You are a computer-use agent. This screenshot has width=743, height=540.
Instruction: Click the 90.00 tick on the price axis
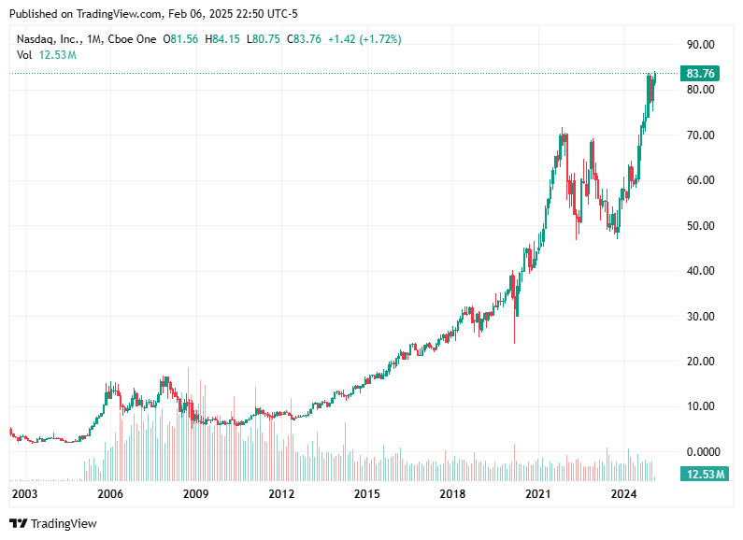click(x=700, y=44)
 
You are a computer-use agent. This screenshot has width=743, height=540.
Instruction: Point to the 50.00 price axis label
click(x=700, y=225)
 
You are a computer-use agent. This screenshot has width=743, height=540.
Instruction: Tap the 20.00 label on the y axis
click(x=700, y=361)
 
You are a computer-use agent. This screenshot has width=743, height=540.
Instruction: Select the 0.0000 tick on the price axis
click(x=700, y=451)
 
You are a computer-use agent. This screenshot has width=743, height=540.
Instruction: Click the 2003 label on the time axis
click(x=24, y=493)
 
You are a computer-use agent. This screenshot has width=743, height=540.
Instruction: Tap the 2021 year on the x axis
click(x=537, y=493)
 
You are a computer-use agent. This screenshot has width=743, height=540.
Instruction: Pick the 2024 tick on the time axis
click(x=623, y=493)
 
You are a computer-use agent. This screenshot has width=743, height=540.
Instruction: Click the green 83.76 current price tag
click(x=700, y=73)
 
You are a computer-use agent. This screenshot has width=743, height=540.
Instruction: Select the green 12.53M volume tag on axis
click(x=703, y=474)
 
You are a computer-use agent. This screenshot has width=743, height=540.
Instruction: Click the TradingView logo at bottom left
click(x=53, y=524)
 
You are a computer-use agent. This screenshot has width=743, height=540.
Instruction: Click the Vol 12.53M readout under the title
click(x=46, y=55)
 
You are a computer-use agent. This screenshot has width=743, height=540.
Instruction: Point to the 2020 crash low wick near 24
click(x=515, y=338)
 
